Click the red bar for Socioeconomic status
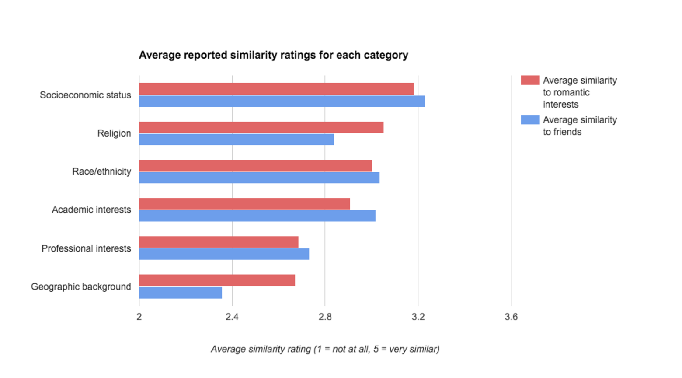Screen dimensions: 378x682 [276, 89]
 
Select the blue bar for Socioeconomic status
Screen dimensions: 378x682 [282, 101]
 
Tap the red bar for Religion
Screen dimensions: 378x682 [261, 127]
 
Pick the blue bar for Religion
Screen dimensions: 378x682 [237, 140]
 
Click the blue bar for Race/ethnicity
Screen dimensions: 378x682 [259, 178]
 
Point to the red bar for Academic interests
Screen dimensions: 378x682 [244, 204]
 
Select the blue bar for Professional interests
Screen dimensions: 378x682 [224, 254]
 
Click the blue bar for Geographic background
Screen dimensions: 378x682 [181, 293]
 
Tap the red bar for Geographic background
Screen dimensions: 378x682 [217, 280]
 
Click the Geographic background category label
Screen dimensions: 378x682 [81, 287]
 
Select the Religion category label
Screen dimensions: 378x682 [114, 133]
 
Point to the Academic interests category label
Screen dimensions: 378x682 [91, 210]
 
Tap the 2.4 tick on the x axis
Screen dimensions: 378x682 [232, 317]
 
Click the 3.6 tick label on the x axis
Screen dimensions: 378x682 [511, 317]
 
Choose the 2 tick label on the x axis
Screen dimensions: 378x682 [139, 317]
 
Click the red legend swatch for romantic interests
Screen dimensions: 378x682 [530, 80]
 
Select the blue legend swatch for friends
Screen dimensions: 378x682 [530, 119]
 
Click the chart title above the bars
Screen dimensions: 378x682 [273, 55]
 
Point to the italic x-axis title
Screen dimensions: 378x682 [325, 349]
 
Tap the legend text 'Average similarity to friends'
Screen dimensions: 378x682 [579, 126]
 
